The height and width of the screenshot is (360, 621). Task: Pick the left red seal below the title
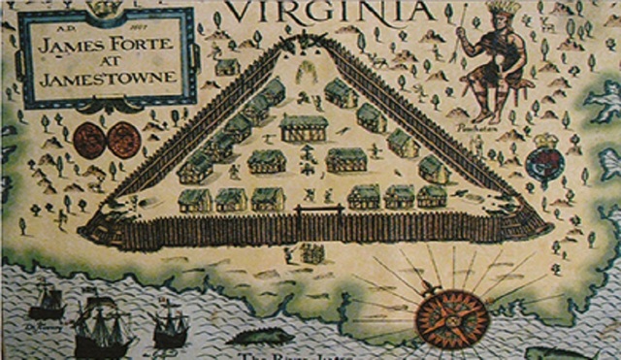coord(89,140)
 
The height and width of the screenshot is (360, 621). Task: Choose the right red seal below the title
coord(124,140)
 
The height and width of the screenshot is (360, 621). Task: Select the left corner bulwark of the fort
coord(97,230)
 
